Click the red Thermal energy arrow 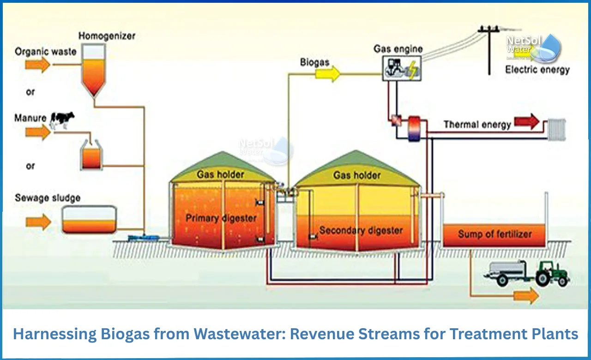pos(527,122)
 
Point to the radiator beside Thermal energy pos(556,129)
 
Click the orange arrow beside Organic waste pos(37,65)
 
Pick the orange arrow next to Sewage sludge pos(38,222)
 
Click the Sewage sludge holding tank pos(89,220)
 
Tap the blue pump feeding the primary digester pos(143,238)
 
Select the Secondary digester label pos(361,230)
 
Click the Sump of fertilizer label pos(495,234)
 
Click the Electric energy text pos(537,70)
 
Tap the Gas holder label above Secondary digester pos(357,175)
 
